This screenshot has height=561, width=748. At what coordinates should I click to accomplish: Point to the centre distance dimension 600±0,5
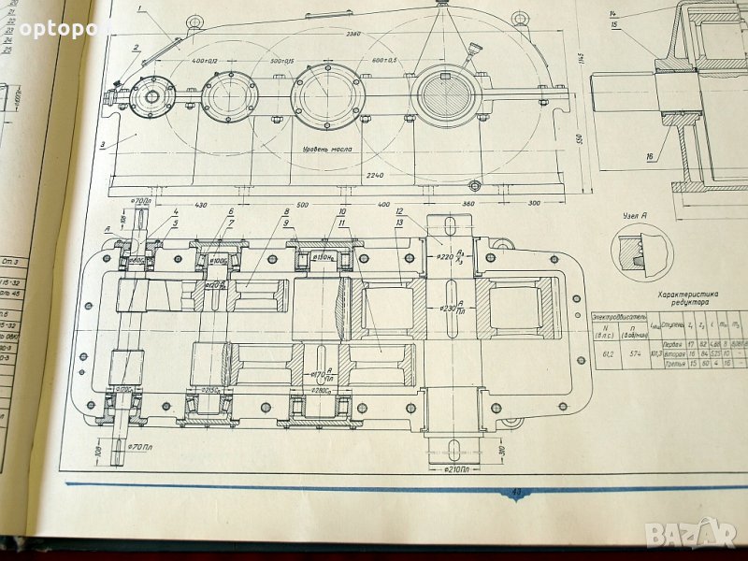[x=382, y=61]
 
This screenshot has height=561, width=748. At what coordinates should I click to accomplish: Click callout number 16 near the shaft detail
[x=648, y=157]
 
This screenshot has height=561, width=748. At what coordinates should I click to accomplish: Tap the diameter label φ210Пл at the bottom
[x=462, y=467]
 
